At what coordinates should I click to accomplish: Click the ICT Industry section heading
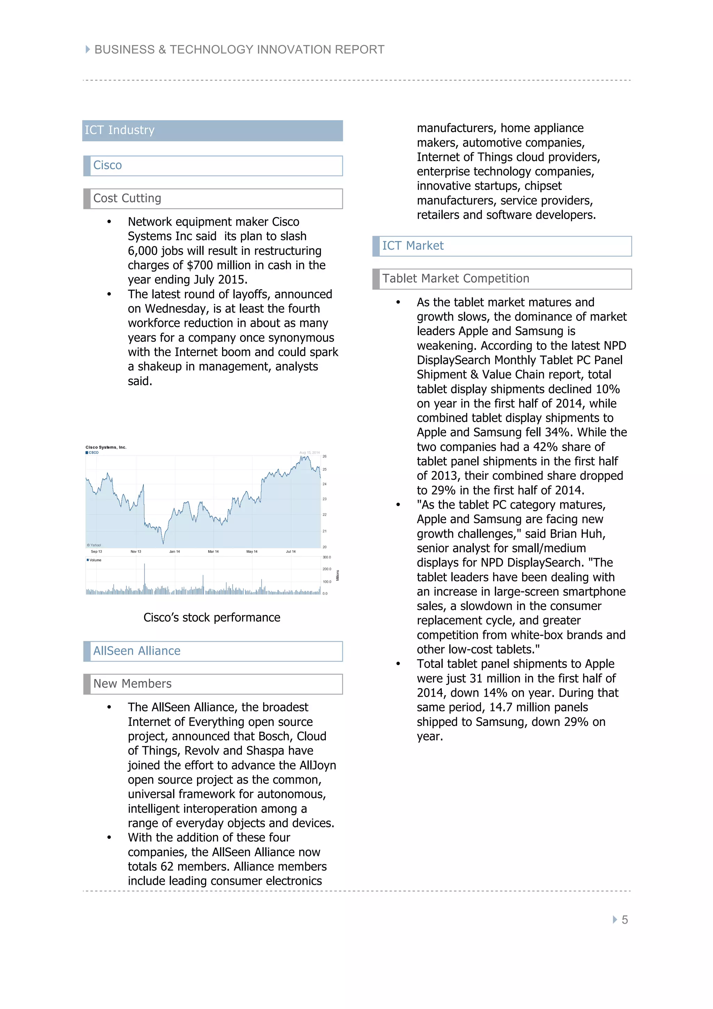coord(119,131)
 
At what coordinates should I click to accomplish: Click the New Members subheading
coord(132,684)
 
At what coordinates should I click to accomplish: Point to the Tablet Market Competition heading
coord(456,279)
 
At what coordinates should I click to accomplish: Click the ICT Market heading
coord(413,246)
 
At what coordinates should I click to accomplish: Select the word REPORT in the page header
coord(359,50)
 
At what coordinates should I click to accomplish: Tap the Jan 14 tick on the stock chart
coord(174,552)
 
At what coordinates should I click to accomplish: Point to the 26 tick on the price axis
coord(325,456)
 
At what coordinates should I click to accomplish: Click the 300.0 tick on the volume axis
coord(327,557)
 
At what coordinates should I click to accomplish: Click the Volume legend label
coord(95,560)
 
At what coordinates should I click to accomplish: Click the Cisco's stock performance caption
coord(212,618)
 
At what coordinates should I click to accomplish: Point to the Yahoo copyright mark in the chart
coord(94,545)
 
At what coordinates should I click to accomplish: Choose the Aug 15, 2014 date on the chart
coord(309,453)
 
